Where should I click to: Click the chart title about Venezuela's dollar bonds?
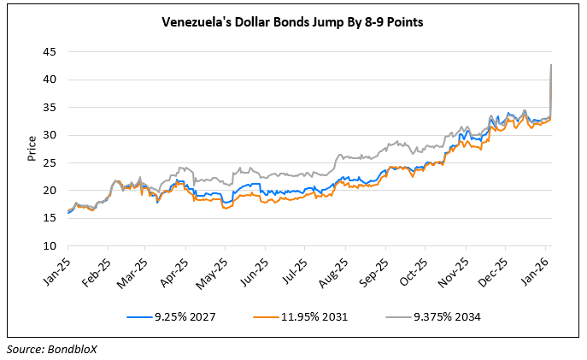293,23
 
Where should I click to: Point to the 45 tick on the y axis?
50,52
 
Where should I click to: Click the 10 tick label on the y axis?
50,246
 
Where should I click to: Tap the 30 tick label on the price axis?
50,135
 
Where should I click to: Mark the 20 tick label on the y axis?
50,191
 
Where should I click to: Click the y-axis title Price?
31,149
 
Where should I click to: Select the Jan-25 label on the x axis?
60,267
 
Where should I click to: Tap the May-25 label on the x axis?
214,267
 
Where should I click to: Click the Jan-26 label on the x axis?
531,267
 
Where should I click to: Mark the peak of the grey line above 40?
550,65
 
